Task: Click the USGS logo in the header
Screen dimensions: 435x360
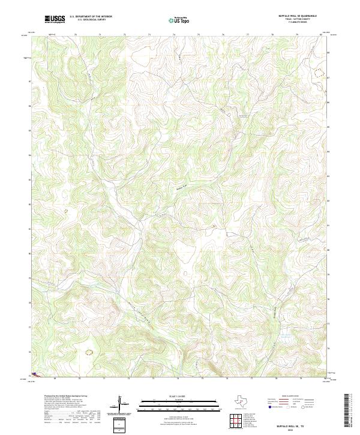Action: click(55, 19)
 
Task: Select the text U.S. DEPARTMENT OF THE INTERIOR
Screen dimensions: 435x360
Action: click(91, 17)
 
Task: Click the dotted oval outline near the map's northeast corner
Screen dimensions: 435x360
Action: click(317, 72)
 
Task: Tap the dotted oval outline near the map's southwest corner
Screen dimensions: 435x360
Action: click(89, 353)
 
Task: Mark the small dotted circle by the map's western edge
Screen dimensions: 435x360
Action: click(66, 211)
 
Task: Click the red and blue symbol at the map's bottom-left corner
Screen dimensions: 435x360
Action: click(35, 374)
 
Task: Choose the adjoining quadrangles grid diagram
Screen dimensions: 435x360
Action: click(237, 422)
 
